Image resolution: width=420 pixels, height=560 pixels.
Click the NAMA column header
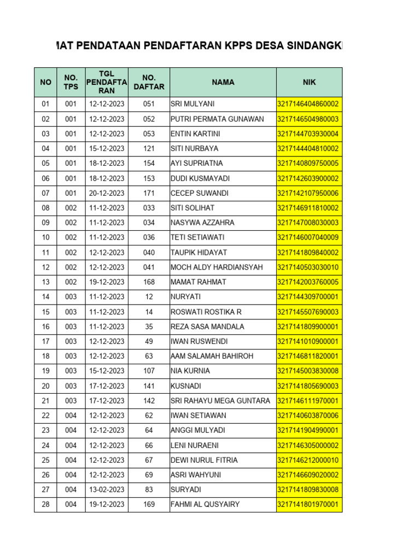click(x=223, y=82)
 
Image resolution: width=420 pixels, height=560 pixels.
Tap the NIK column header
click(x=309, y=82)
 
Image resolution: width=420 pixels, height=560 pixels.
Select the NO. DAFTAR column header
click(x=149, y=82)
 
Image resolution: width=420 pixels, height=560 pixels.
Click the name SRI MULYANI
click(x=192, y=104)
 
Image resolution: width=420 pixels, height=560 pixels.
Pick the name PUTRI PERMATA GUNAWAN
click(x=217, y=119)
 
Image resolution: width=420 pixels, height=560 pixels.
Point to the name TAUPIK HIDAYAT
click(x=199, y=252)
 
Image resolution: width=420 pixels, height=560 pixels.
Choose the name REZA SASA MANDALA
click(x=207, y=326)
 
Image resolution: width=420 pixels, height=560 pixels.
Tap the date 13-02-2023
click(x=107, y=489)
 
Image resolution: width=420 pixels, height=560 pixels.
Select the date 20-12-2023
click(x=107, y=193)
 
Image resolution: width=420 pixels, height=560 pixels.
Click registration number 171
click(x=149, y=193)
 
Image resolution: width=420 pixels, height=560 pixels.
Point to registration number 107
click(x=149, y=371)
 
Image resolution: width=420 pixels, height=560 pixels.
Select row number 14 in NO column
click(x=46, y=296)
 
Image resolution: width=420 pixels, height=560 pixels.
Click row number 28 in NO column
click(x=46, y=504)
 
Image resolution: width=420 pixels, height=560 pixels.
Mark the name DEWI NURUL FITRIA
click(x=203, y=460)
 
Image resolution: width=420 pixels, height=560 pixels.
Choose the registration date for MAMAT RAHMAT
click(x=107, y=282)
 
